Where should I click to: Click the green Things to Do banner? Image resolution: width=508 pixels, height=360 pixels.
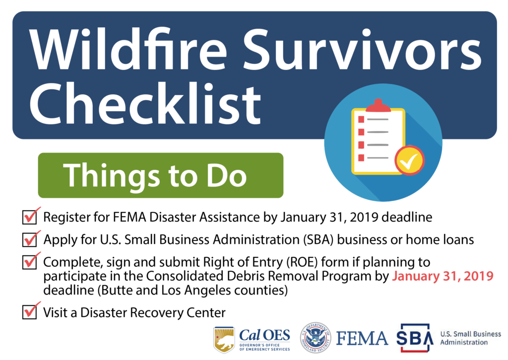(160, 176)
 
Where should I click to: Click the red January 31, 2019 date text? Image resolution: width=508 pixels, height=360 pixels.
(443, 276)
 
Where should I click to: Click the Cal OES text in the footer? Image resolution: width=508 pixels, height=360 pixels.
(264, 334)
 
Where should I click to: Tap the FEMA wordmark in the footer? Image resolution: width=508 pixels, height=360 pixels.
(362, 338)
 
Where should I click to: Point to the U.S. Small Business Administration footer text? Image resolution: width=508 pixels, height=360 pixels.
(470, 338)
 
